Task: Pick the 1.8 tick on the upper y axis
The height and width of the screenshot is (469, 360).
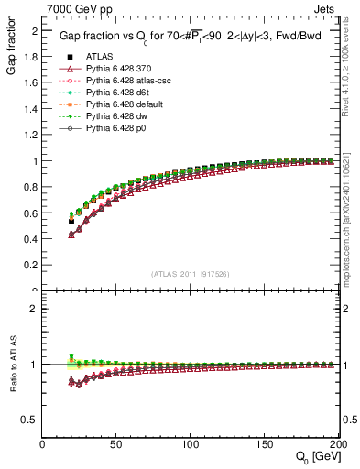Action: coord(32,56)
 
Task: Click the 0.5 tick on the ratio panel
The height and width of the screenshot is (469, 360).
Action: coord(32,419)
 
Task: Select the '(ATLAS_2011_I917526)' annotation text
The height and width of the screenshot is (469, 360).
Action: coord(189,272)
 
